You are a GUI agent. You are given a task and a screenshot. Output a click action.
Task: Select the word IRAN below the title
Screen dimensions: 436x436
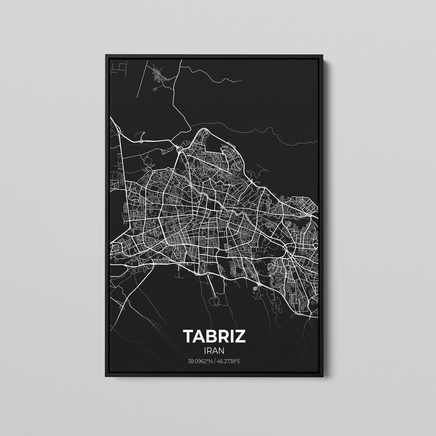coord(214,351)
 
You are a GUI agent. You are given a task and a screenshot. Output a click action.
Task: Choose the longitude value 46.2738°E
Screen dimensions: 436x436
coord(228,362)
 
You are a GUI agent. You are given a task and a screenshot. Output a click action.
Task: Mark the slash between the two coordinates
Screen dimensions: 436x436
coord(215,362)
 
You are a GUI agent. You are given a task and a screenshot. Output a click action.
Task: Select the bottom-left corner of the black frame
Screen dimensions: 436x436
coord(106,376)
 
